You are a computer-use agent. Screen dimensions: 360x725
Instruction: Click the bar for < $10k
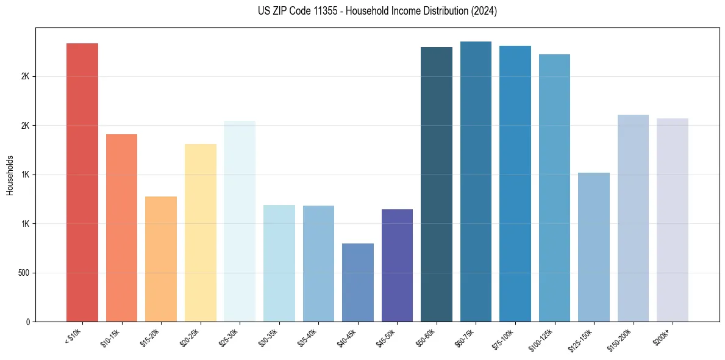82,182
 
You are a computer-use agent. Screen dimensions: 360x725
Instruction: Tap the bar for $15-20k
161,259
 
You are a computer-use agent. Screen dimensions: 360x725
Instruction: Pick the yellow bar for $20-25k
200,232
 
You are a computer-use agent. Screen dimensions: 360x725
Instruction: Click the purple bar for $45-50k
397,265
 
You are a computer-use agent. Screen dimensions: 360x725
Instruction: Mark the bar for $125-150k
593,247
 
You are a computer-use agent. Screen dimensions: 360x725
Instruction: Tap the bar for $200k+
672,220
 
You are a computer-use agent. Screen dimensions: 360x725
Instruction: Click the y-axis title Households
10,175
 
